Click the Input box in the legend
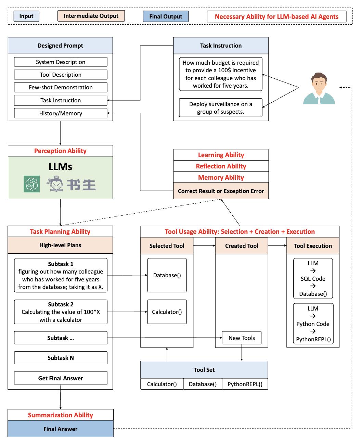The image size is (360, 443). [x=26, y=16]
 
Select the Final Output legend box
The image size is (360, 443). [x=166, y=16]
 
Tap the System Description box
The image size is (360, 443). [x=61, y=62]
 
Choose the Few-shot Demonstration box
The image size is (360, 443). [x=61, y=87]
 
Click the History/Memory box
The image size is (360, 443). [x=61, y=113]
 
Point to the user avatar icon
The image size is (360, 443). [x=319, y=88]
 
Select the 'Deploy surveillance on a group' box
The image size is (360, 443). [x=221, y=108]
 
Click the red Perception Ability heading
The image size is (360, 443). [x=60, y=151]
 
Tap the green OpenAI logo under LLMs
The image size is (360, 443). [x=32, y=184]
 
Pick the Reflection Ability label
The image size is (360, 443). [x=221, y=166]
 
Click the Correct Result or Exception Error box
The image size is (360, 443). [x=221, y=191]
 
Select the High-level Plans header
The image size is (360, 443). [x=60, y=245]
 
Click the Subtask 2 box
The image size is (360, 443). [x=61, y=312]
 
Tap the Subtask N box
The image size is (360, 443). [x=61, y=358]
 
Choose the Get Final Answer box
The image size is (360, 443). [x=61, y=378]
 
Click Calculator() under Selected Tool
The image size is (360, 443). [x=167, y=312]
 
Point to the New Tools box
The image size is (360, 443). [x=242, y=338]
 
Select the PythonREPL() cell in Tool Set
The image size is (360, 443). [x=245, y=384]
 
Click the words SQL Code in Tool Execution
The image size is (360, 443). [x=313, y=279]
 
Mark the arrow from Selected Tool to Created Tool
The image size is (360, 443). [x=204, y=245]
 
